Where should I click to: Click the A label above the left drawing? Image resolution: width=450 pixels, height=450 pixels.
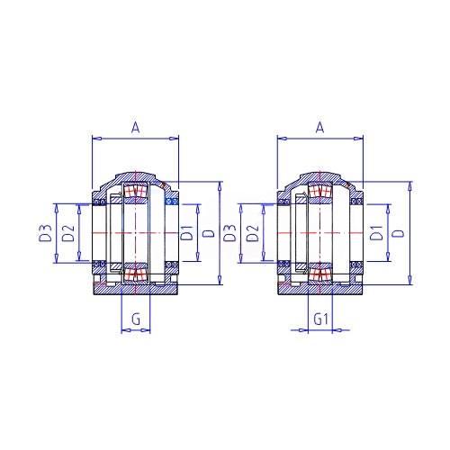pyautogui.click(x=136, y=128)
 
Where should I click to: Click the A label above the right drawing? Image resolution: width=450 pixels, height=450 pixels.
pyautogui.click(x=320, y=128)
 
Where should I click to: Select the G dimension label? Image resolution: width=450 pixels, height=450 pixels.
pyautogui.click(x=136, y=319)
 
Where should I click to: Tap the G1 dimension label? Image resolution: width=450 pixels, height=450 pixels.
pyautogui.click(x=321, y=319)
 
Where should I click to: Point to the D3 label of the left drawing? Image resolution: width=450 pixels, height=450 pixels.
pyautogui.click(x=46, y=233)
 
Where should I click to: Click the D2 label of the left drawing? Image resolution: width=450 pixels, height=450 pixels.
pyautogui.click(x=68, y=233)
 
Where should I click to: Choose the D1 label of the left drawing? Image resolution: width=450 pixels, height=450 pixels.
pyautogui.click(x=186, y=232)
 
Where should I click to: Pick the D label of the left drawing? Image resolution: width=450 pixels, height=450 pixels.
pyautogui.click(x=209, y=233)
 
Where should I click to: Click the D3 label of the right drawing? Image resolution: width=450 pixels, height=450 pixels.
pyautogui.click(x=230, y=233)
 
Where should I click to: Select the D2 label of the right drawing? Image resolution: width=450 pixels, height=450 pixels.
pyautogui.click(x=253, y=233)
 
